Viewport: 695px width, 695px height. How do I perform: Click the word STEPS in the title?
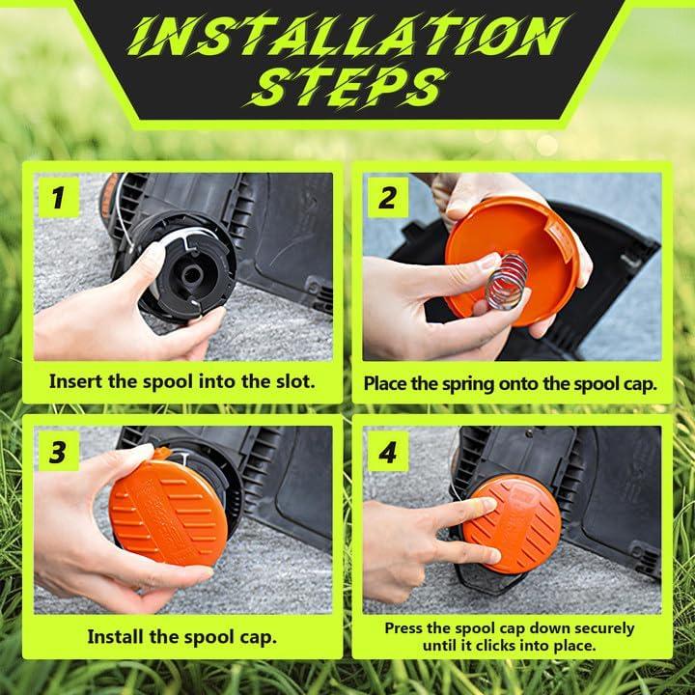(348, 88)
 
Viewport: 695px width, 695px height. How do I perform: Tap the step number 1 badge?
(59, 197)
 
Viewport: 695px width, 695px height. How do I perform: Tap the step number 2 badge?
(388, 197)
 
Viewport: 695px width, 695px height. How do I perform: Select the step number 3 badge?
(59, 451)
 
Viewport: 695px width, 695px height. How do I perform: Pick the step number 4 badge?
(388, 451)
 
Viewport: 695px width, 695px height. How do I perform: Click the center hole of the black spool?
(191, 276)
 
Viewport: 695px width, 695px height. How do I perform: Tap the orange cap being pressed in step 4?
(512, 524)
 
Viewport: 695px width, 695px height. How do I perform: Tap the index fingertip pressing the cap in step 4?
(488, 504)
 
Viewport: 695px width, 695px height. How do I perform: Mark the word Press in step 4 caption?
(402, 628)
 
